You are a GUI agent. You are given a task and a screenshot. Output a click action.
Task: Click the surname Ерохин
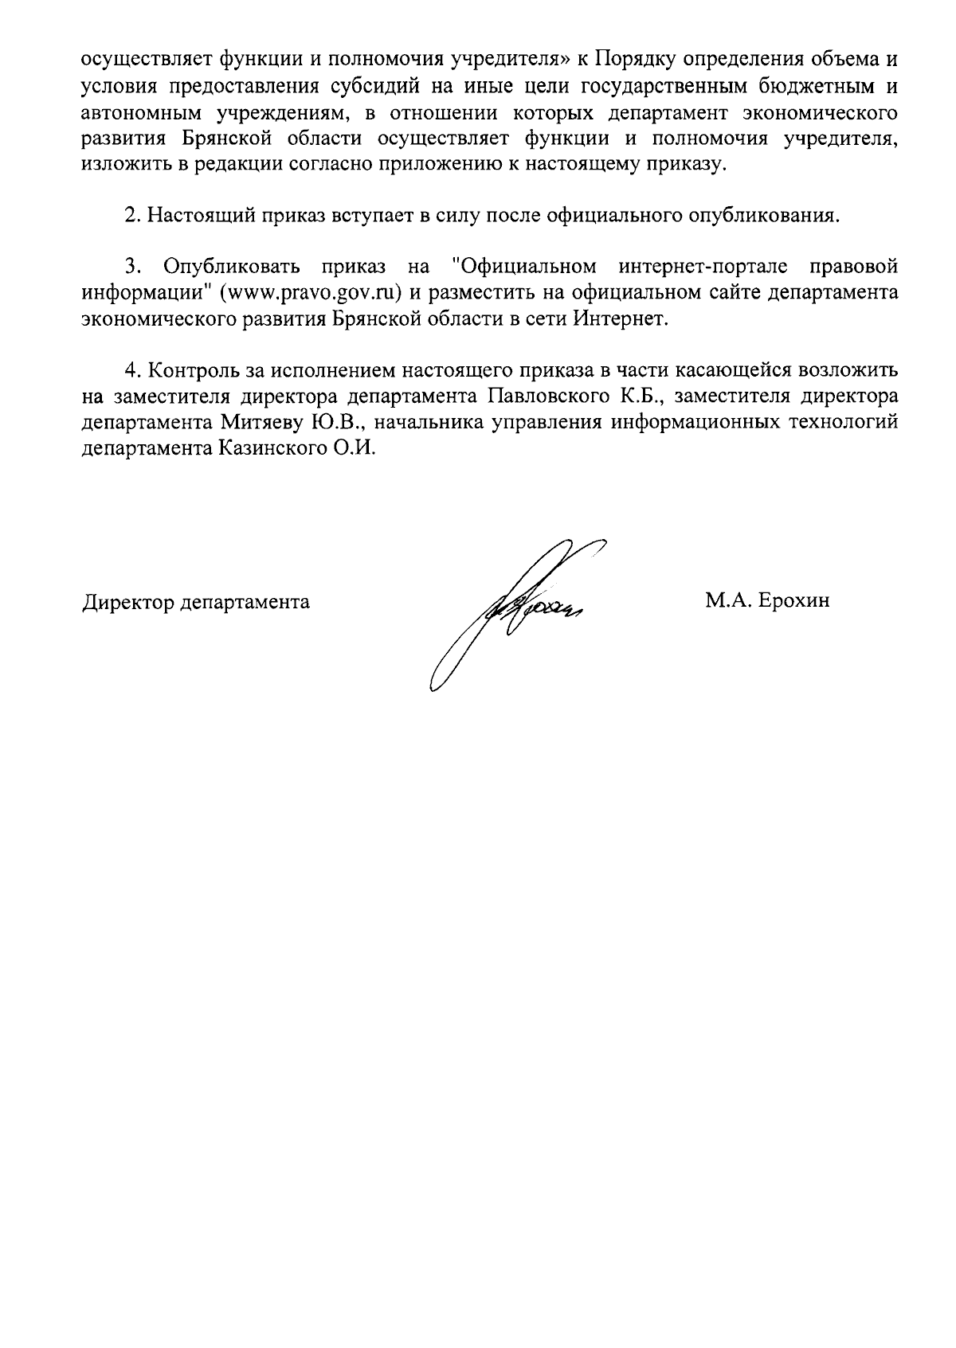click(x=793, y=601)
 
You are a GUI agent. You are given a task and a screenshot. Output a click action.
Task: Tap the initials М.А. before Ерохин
click(x=727, y=601)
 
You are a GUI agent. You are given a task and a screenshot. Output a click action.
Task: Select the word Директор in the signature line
click(x=128, y=602)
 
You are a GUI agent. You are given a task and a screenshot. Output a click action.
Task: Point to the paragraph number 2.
click(x=131, y=215)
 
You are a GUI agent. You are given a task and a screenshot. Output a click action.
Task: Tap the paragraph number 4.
click(x=131, y=370)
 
